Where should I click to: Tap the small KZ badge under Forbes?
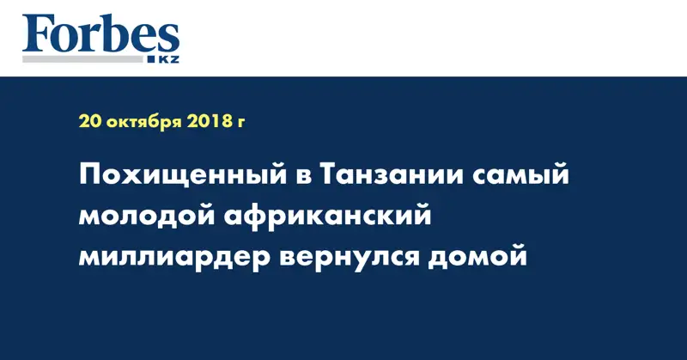pos(167,58)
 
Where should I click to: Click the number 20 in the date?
pos(89,121)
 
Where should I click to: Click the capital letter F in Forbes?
pos(37,34)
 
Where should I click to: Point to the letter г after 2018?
pos(241,123)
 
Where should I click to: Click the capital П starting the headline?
pos(90,176)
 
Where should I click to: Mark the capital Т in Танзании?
pos(329,176)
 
